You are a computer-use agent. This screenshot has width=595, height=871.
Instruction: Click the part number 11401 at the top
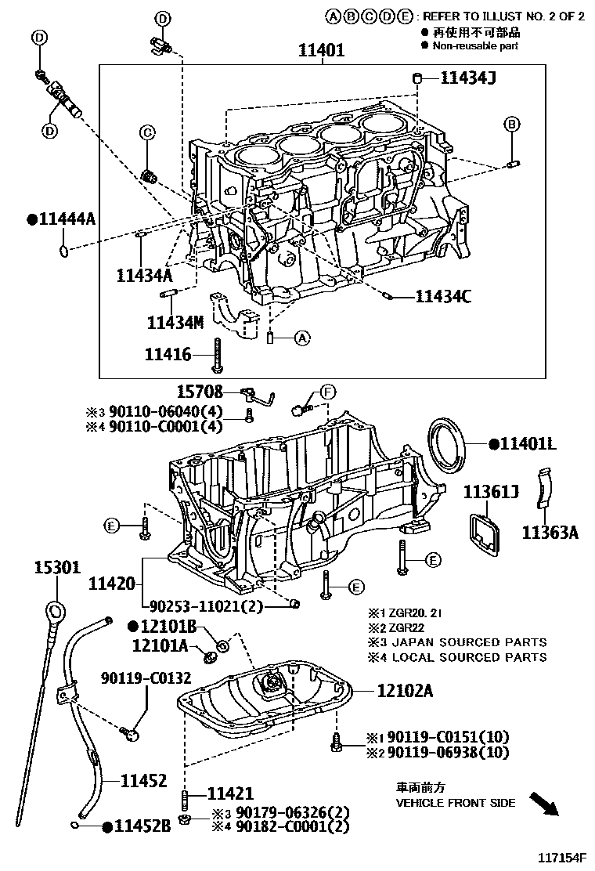321,51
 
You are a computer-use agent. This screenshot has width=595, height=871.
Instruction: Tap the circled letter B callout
511,124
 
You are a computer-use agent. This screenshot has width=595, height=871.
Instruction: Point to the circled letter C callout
147,133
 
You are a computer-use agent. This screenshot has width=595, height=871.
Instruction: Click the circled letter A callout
303,338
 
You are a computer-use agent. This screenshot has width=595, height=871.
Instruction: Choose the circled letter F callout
328,391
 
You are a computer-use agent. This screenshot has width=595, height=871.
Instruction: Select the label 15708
200,392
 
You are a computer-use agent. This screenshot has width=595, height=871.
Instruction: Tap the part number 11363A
551,533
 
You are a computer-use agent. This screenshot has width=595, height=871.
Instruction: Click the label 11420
112,583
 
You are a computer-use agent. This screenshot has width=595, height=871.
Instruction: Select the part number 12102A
405,691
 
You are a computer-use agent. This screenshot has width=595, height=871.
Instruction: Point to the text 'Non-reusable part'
476,46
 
